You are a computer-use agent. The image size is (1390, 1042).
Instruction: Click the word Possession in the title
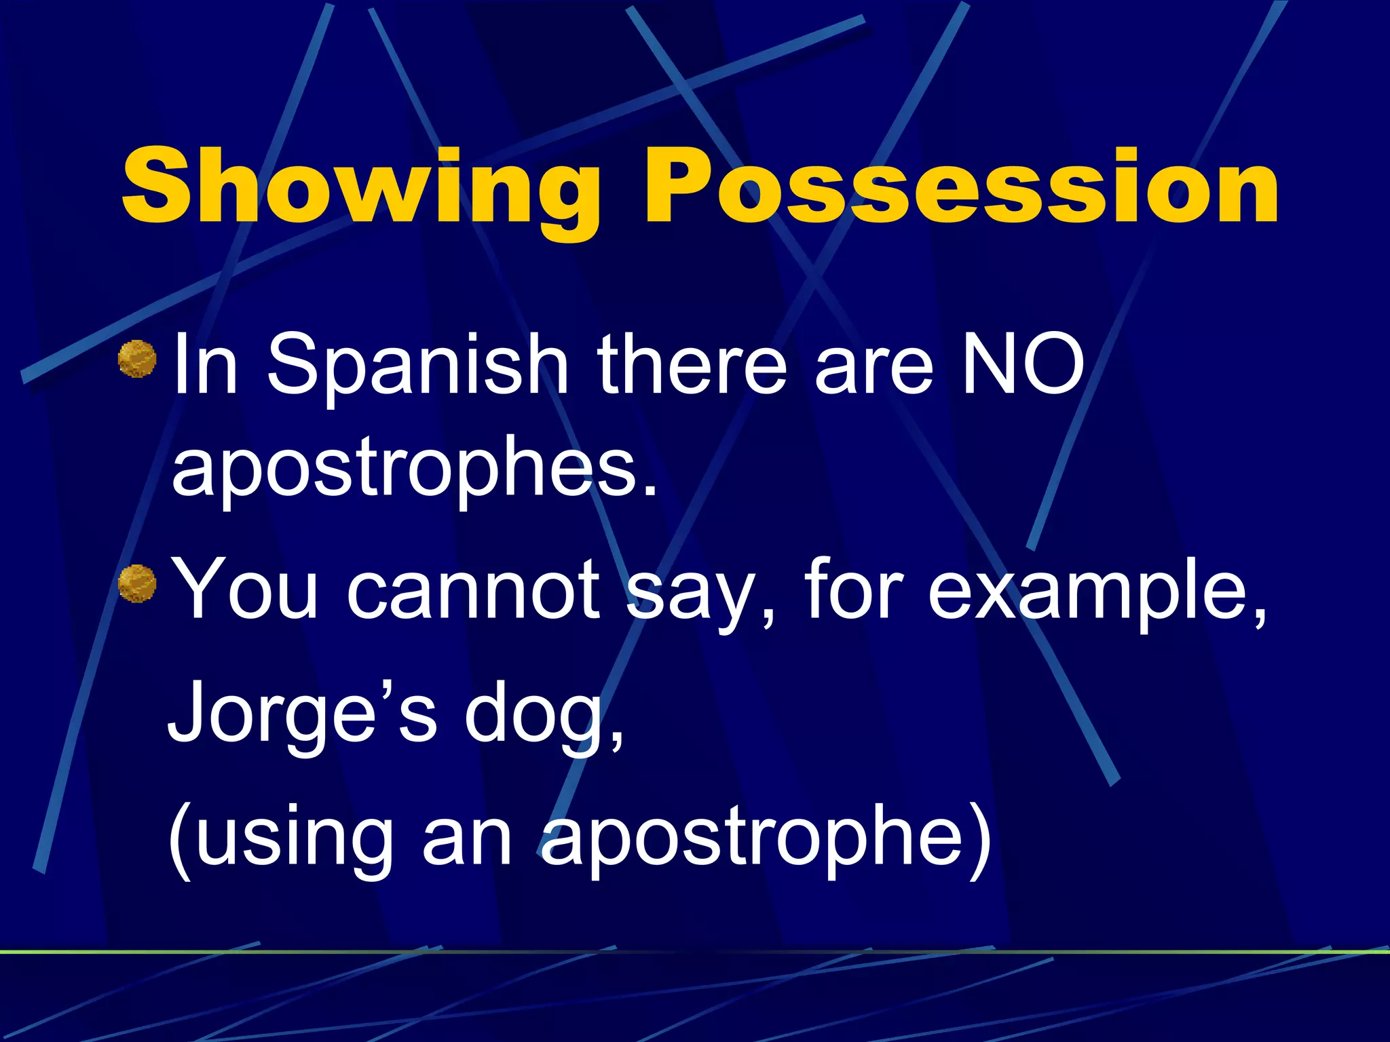tap(961, 187)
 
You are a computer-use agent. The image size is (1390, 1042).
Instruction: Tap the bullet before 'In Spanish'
tap(138, 360)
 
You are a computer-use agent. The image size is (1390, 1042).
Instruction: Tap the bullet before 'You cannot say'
tap(138, 583)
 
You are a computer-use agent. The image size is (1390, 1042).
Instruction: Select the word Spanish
tap(417, 366)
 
